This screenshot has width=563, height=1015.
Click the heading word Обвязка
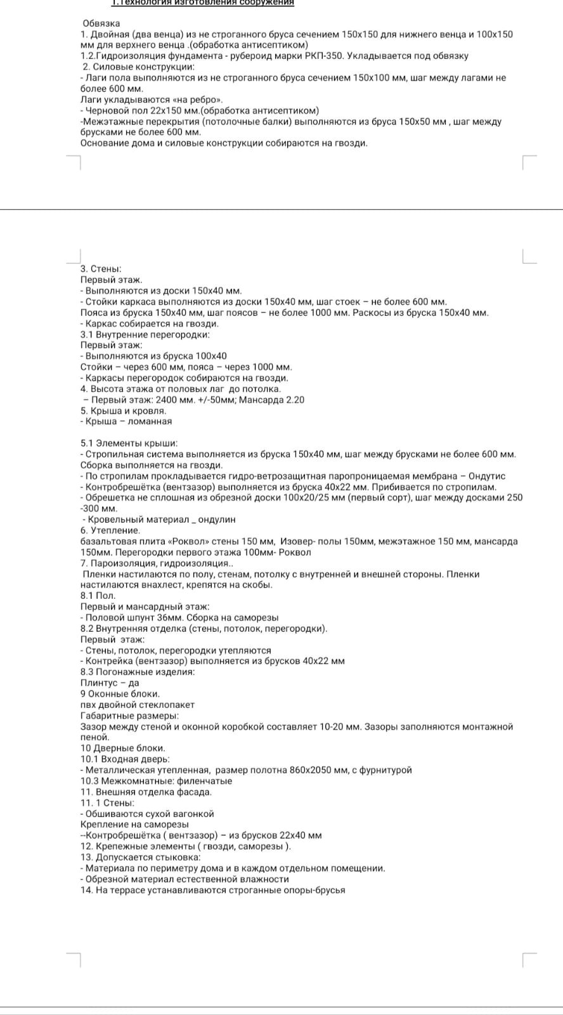click(101, 23)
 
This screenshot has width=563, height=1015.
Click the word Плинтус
click(98, 683)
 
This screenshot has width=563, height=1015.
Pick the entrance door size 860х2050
click(314, 770)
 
